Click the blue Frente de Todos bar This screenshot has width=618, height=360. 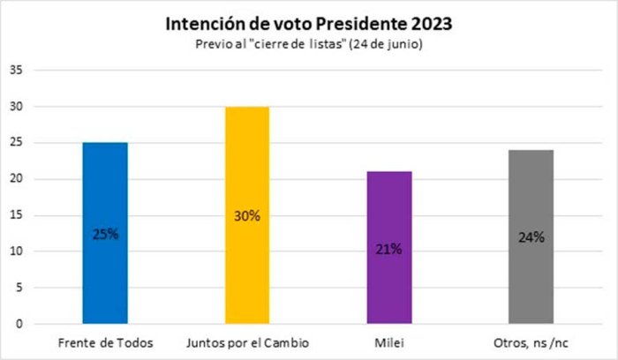[x=105, y=233]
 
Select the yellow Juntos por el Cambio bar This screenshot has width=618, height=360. [x=247, y=215]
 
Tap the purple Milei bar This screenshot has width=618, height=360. [x=389, y=247]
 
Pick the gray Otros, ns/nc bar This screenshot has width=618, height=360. [x=531, y=236]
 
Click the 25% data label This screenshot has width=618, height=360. [x=105, y=235]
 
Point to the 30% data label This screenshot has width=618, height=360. [x=247, y=216]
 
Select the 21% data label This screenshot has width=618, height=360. [x=388, y=249]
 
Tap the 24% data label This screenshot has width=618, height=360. [x=531, y=237]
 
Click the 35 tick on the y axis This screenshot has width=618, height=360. [x=17, y=70]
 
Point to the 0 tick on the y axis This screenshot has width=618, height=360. [x=19, y=324]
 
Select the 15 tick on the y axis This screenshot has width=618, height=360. [x=17, y=215]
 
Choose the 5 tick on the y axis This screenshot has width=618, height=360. [x=19, y=288]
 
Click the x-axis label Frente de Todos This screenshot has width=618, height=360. [x=105, y=343]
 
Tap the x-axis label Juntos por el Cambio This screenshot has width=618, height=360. [x=247, y=343]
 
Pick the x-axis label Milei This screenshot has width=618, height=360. [x=389, y=343]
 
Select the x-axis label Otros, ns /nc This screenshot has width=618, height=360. [x=531, y=343]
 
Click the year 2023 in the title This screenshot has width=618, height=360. [x=432, y=24]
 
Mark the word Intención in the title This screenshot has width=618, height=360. [x=205, y=24]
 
